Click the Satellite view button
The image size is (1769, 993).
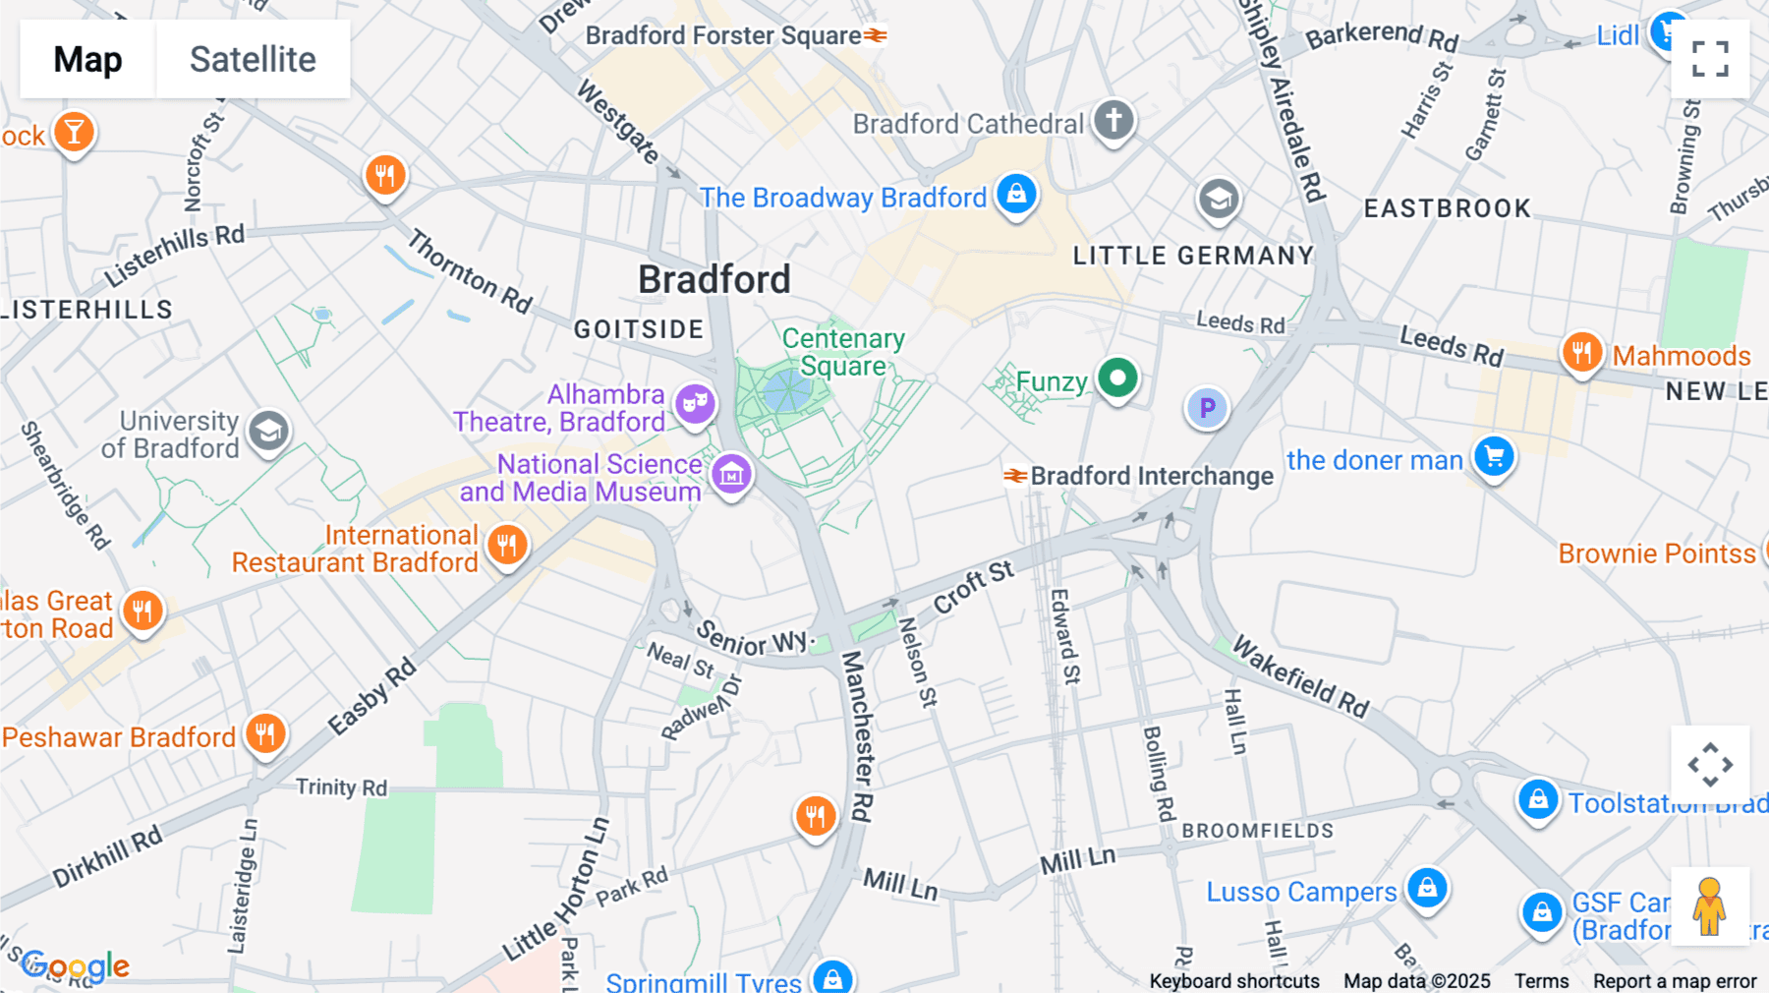click(253, 59)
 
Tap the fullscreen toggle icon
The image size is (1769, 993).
click(1710, 59)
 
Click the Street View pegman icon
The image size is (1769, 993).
click(1709, 906)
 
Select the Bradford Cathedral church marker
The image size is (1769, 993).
click(1113, 121)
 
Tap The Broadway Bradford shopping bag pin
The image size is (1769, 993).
click(1016, 194)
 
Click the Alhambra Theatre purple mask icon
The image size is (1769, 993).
click(695, 403)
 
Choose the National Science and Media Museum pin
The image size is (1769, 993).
click(731, 475)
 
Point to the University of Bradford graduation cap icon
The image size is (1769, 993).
click(268, 432)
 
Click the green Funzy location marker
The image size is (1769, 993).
click(1117, 379)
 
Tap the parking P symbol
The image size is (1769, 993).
click(1207, 408)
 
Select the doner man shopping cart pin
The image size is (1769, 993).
click(1494, 457)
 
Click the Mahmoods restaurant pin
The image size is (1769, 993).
click(1581, 351)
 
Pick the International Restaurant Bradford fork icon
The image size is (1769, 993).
click(507, 545)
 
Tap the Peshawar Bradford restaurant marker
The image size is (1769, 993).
click(264, 733)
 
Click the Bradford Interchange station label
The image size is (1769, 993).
click(1151, 476)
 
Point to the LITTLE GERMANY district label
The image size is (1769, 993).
click(1192, 256)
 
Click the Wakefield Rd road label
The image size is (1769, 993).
click(1300, 676)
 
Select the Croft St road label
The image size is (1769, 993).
click(972, 587)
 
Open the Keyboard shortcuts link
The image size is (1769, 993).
click(1233, 980)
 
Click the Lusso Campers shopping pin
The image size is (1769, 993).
click(1427, 888)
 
